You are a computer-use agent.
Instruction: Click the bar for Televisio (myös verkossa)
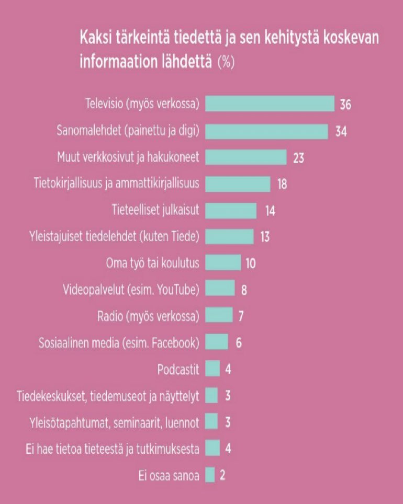[270, 104]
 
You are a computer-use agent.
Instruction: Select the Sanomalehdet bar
[266, 131]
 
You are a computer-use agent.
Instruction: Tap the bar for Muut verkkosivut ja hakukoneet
[246, 157]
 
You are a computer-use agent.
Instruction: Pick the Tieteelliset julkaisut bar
[231, 210]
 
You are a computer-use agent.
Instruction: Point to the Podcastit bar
[212, 369]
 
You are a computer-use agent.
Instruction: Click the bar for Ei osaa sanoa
[210, 475]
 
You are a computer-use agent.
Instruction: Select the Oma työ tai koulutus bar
[223, 262]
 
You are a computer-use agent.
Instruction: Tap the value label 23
[298, 157]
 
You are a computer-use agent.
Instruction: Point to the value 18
[282, 184]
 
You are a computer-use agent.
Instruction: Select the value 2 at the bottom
[222, 475]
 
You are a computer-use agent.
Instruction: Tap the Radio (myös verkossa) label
[148, 316]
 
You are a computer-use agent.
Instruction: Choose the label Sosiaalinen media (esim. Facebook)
[119, 342]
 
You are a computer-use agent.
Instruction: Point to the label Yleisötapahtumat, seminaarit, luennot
[113, 422]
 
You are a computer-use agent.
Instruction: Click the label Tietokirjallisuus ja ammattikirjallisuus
[116, 184]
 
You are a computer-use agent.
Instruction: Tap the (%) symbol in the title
[226, 62]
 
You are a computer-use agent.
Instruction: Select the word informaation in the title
[113, 62]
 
